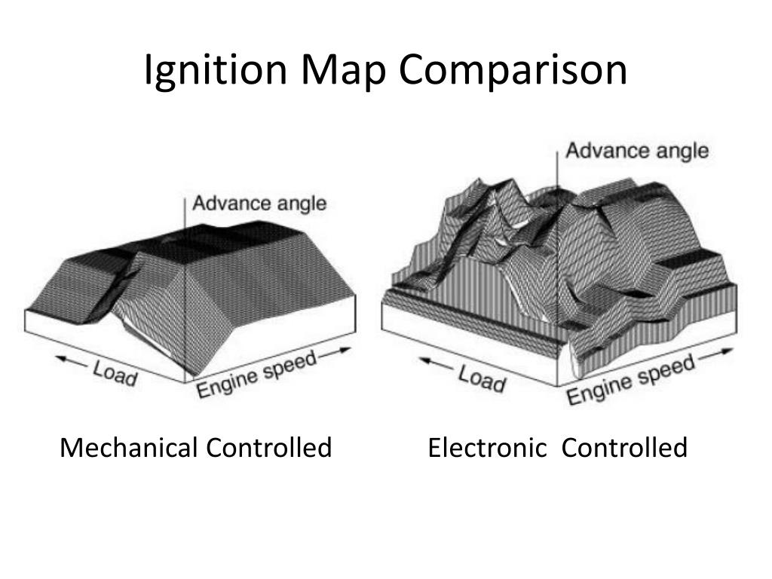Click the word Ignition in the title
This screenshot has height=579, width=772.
pyautogui.click(x=216, y=70)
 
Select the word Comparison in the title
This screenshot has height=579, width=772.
pyautogui.click(x=513, y=70)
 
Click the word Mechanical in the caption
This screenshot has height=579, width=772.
pyautogui.click(x=129, y=448)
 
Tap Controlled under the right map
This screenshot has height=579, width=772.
pyautogui.click(x=624, y=448)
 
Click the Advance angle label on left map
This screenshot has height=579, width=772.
pyautogui.click(x=259, y=203)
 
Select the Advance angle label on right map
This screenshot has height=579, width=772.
pyautogui.click(x=637, y=151)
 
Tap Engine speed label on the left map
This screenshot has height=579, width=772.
pyautogui.click(x=256, y=374)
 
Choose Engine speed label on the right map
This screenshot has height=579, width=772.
pyautogui.click(x=630, y=380)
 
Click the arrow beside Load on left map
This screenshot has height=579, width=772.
pyautogui.click(x=75, y=364)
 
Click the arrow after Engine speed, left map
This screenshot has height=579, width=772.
pyautogui.click(x=335, y=351)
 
